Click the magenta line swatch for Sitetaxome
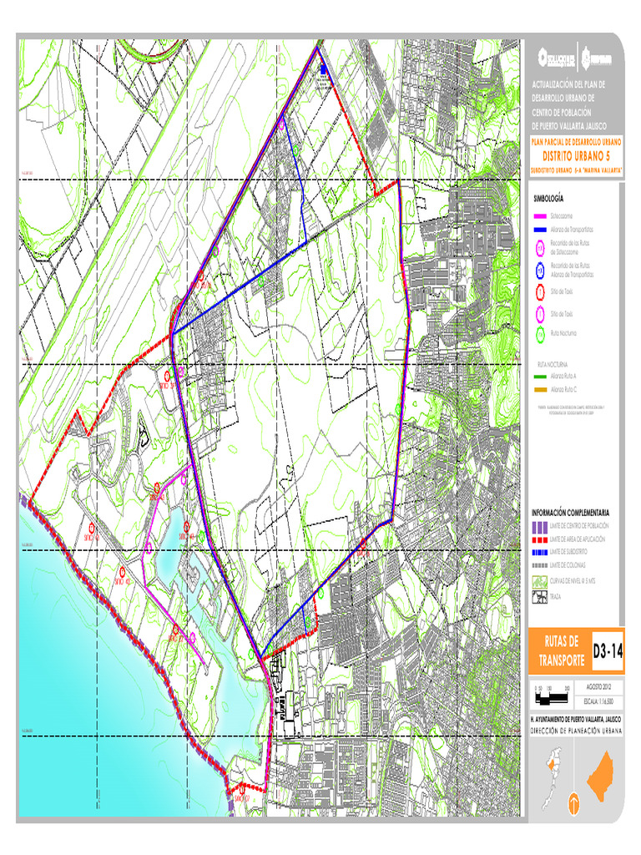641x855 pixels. click(x=540, y=215)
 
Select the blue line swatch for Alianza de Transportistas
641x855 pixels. click(x=540, y=228)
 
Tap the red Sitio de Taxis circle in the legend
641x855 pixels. click(x=540, y=291)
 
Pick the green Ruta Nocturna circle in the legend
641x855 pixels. click(x=540, y=333)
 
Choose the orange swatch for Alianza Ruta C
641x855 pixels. click(x=540, y=390)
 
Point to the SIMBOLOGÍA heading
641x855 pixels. click(x=548, y=198)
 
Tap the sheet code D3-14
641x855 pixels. click(x=607, y=650)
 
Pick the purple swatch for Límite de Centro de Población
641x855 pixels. click(x=539, y=526)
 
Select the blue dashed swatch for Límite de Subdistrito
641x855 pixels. click(x=539, y=553)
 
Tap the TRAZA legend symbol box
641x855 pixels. click(x=539, y=597)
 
